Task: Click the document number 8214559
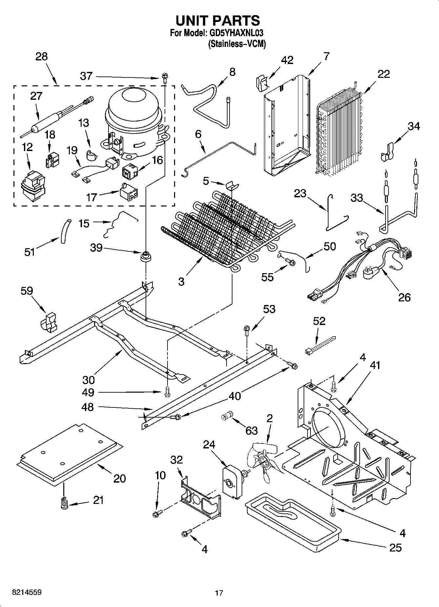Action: tap(27, 592)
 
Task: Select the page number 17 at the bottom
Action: tap(219, 593)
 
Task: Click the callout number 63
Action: tap(251, 430)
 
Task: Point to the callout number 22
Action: tap(383, 74)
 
